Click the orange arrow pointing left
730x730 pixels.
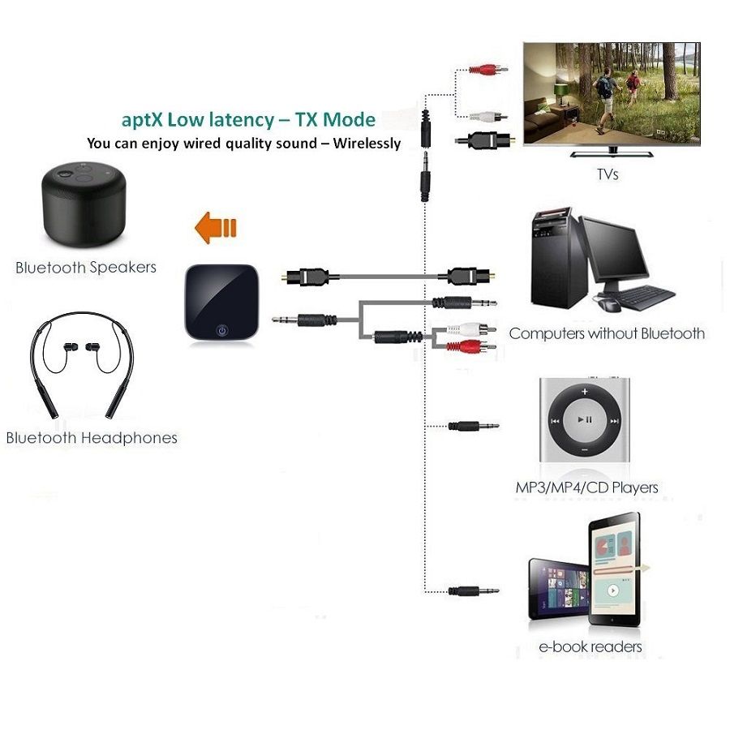215,227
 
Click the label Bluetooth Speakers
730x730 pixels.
86,267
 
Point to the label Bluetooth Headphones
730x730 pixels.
92,438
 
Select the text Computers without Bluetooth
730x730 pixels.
607,333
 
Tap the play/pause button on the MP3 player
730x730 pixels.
585,420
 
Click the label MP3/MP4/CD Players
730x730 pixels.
586,487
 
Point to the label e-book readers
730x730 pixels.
590,646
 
